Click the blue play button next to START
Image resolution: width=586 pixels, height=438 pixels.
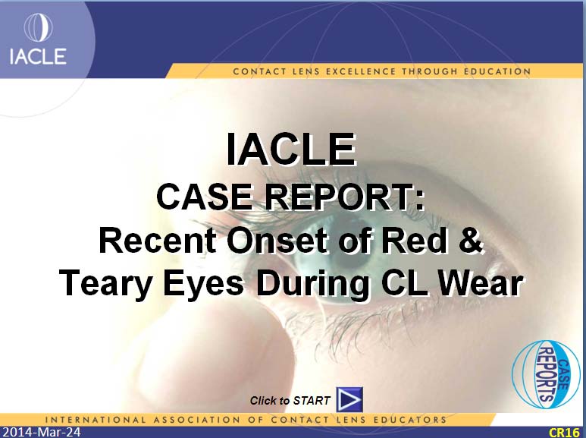[349, 399]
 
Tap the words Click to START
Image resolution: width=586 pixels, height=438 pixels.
[290, 401]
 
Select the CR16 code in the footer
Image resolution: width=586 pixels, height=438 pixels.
[564, 433]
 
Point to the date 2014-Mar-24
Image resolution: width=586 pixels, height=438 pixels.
[40, 432]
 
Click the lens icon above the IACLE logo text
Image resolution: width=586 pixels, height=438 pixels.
[38, 27]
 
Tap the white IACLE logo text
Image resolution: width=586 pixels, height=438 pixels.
[38, 56]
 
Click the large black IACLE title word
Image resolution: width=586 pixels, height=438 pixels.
[291, 149]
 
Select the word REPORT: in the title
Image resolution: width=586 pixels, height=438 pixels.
[345, 197]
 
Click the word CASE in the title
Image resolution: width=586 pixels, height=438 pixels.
[205, 197]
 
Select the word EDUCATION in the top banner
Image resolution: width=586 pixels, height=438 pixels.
[497, 71]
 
